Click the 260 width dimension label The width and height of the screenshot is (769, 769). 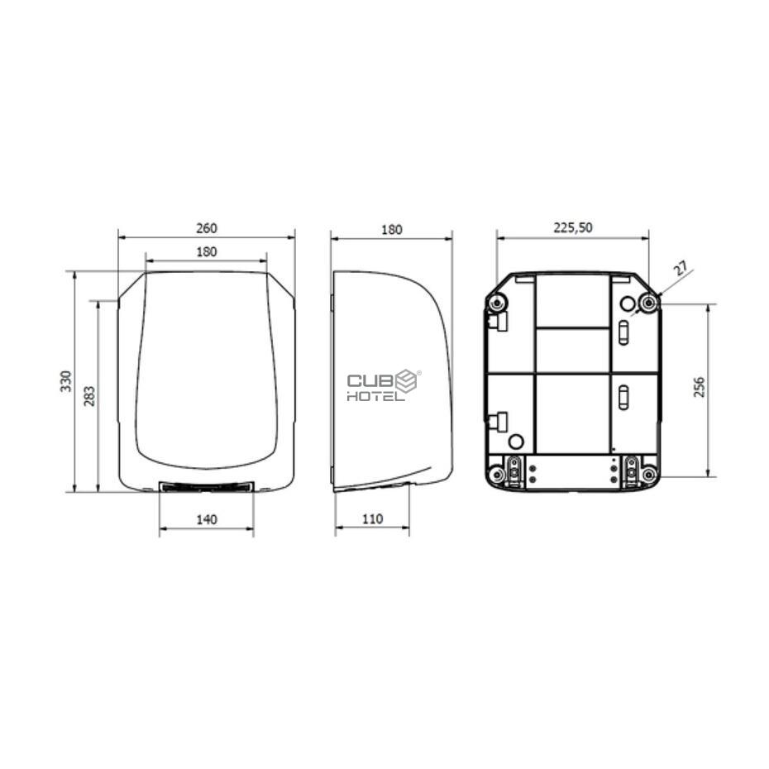[207, 228]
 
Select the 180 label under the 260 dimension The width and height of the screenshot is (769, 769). [207, 251]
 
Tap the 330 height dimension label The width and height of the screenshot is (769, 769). [65, 381]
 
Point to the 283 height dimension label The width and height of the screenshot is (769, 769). [89, 396]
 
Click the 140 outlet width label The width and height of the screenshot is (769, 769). [207, 519]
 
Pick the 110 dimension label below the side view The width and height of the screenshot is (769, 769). [372, 519]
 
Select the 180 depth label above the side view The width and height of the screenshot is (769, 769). [391, 230]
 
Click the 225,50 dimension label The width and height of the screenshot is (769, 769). [573, 227]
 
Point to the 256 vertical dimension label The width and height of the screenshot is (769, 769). [700, 387]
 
